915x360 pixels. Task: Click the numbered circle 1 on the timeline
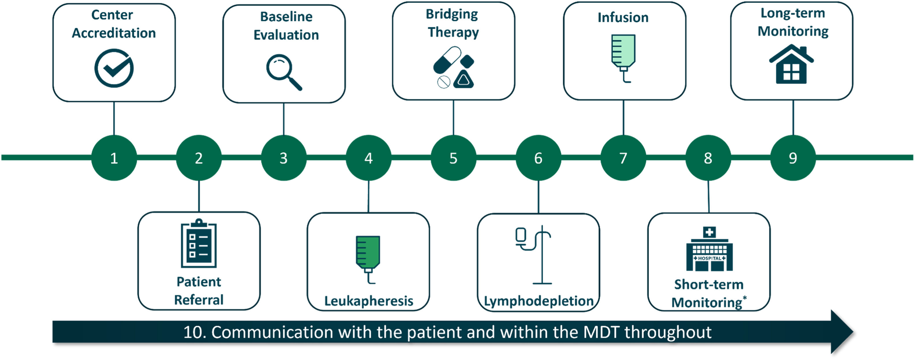[x=114, y=158]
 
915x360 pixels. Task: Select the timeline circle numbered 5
[x=453, y=158]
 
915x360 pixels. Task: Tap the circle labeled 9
[x=793, y=158]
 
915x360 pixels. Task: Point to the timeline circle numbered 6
[x=539, y=158]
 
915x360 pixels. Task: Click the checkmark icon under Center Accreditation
[x=114, y=68]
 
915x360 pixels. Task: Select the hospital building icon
[x=709, y=249]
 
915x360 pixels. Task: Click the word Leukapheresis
[x=369, y=301]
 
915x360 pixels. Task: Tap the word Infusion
[x=623, y=17]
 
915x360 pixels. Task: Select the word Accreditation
[x=114, y=33]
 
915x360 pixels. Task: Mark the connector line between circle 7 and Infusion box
[x=623, y=117]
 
